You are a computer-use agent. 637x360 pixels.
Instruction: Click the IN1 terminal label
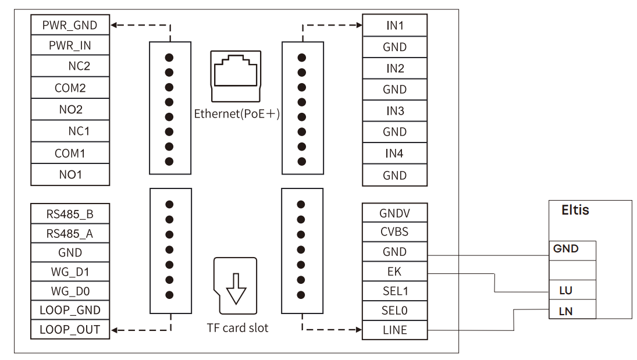tap(394, 25)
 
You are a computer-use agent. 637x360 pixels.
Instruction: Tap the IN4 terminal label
tap(394, 154)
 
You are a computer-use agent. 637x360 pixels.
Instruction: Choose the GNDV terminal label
tap(394, 213)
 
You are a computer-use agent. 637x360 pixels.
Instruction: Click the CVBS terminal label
tap(394, 231)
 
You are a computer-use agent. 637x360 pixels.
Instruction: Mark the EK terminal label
tap(394, 271)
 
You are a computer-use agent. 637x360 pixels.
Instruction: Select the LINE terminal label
tap(394, 330)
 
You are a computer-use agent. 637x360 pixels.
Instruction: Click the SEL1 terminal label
tap(394, 290)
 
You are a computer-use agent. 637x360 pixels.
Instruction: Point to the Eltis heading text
tap(575, 211)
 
